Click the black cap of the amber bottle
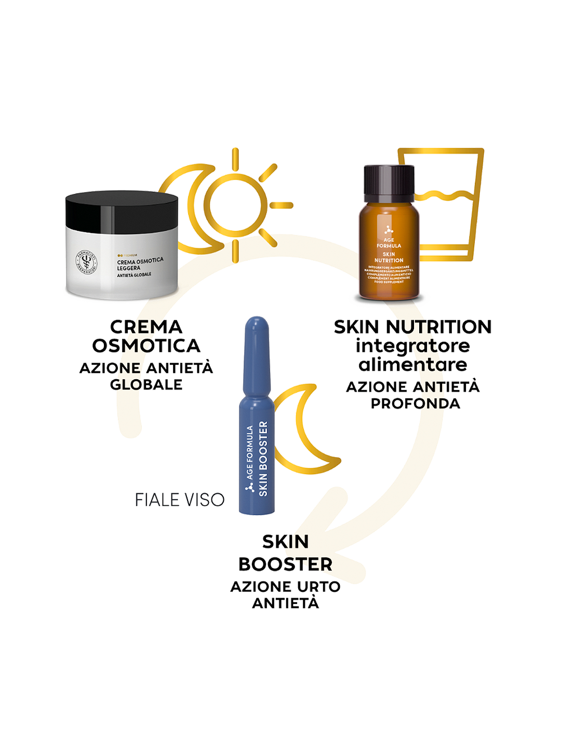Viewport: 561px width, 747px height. [x=389, y=183]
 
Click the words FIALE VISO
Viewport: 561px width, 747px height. [x=180, y=500]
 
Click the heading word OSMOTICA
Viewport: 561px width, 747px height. [x=146, y=346]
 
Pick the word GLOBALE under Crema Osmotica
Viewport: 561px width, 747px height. [x=146, y=384]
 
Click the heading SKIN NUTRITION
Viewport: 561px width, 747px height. [x=412, y=327]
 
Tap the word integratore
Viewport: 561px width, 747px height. [x=412, y=346]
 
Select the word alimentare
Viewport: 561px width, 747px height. [x=412, y=365]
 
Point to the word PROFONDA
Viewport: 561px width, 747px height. [x=415, y=403]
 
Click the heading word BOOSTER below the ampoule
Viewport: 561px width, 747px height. [x=285, y=564]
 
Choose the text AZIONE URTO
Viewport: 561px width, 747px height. [x=285, y=586]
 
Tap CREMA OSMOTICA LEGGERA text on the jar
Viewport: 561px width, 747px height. [x=140, y=264]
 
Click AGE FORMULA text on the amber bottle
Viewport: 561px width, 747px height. [x=389, y=243]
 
